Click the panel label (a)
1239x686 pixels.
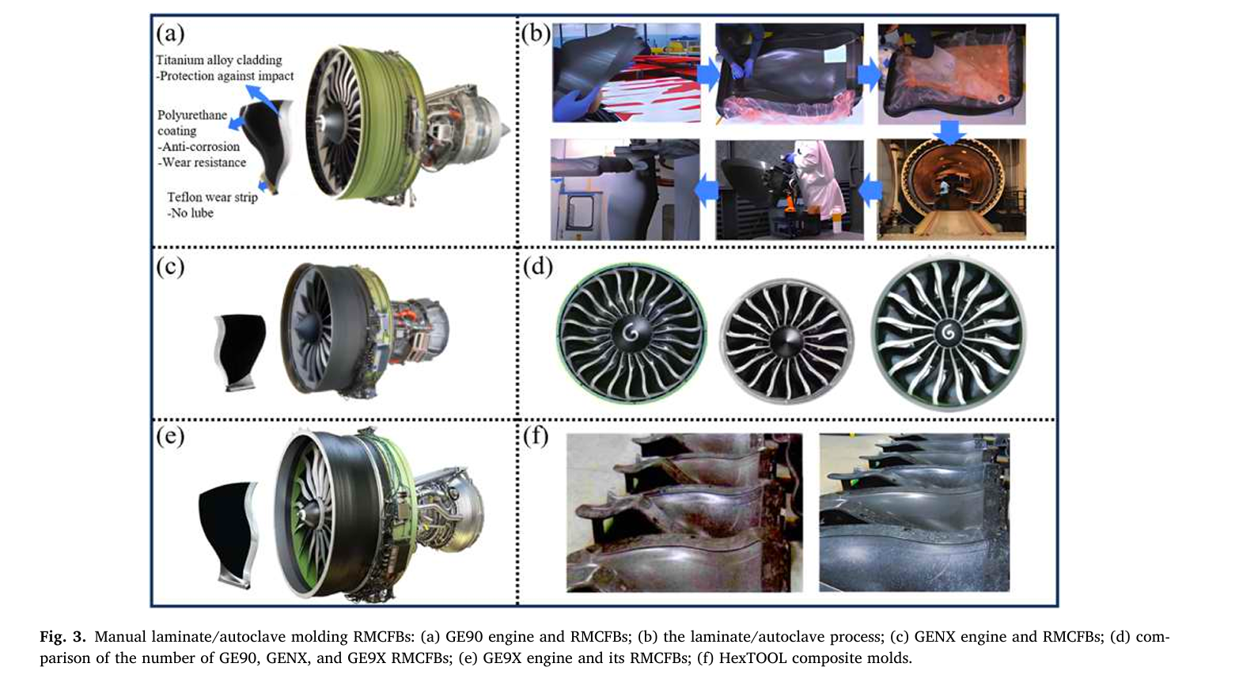pos(170,34)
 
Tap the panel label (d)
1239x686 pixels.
pos(538,267)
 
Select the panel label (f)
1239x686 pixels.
pos(536,437)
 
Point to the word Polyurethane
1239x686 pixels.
pos(192,115)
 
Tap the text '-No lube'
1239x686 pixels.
pos(190,213)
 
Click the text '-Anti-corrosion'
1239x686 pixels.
pos(199,146)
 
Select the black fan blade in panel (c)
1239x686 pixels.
pos(240,352)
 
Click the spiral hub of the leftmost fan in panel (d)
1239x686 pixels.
pos(631,332)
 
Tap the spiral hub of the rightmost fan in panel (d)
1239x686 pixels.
pos(948,332)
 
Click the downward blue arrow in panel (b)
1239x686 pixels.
pos(949,132)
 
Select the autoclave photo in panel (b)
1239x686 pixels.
pos(951,189)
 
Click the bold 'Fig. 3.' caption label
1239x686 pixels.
pos(63,637)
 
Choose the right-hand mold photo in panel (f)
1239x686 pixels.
pos(915,512)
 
